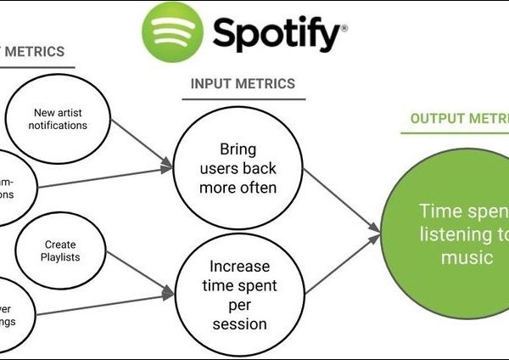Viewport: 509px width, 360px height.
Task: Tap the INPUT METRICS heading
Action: pos(243,84)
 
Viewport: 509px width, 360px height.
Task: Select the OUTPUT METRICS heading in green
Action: pos(459,118)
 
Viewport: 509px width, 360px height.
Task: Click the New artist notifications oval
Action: pos(60,119)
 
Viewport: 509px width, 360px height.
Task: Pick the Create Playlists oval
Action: pos(60,250)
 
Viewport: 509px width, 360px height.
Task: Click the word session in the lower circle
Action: pos(238,323)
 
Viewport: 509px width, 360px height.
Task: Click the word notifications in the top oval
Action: pos(60,126)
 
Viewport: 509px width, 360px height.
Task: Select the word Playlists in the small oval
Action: pos(60,256)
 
